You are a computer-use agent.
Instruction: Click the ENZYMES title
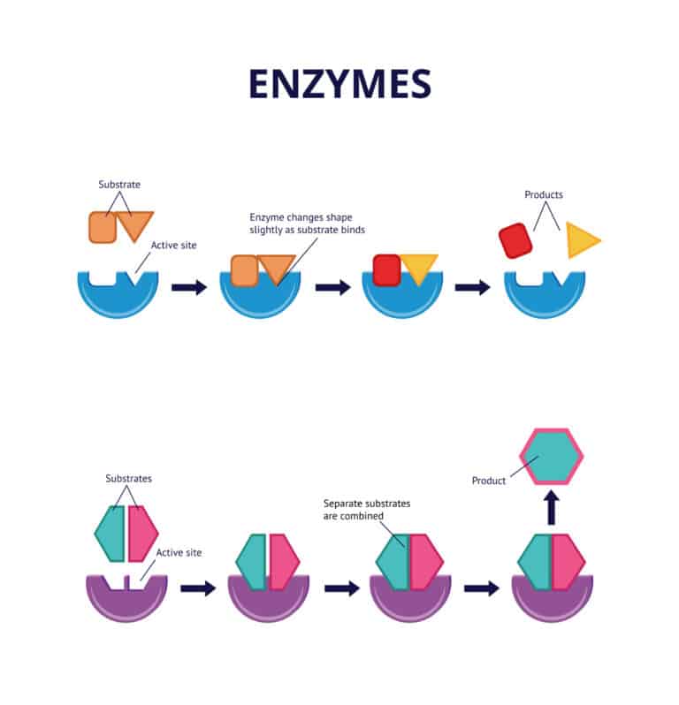339,83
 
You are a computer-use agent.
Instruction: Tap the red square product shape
515,240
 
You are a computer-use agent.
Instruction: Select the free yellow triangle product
581,240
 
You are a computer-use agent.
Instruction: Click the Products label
544,194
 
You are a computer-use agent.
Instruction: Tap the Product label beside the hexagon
489,481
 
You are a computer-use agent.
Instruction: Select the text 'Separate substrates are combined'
367,509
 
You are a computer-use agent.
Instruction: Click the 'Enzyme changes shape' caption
307,224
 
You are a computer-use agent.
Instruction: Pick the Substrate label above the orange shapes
119,185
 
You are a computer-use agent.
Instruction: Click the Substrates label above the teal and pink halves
128,479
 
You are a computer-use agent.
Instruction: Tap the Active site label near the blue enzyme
173,246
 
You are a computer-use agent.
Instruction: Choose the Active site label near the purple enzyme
179,552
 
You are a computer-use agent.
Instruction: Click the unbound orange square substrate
103,227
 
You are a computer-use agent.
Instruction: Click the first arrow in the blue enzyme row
188,287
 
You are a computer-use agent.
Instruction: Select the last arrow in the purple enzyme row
481,587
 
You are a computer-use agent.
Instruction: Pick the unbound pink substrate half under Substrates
141,533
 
